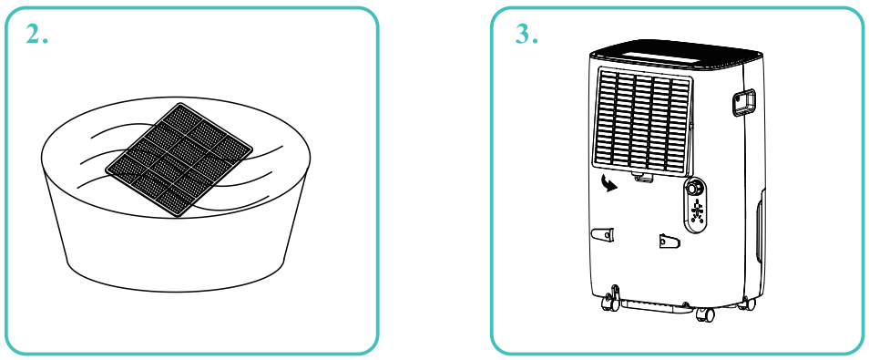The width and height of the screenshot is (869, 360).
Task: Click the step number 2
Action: (x=36, y=35)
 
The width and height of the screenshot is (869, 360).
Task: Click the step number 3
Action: (x=527, y=35)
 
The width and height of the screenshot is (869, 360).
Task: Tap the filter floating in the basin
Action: (x=179, y=160)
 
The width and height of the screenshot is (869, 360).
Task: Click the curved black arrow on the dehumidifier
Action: (x=609, y=183)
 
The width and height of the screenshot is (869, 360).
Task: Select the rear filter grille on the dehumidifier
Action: (x=643, y=122)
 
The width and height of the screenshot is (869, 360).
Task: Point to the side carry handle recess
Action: (x=743, y=103)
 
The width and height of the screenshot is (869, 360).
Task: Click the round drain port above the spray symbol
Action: (x=693, y=189)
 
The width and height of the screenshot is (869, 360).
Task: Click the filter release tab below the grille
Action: (x=642, y=178)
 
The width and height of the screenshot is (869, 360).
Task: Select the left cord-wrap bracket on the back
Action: (x=603, y=235)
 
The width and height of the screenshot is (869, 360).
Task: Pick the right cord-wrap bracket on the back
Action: (x=669, y=242)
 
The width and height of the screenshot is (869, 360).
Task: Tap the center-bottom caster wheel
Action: (x=705, y=314)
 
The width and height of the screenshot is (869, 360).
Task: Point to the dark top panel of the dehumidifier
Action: (x=677, y=55)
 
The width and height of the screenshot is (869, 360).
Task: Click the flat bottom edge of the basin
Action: (x=175, y=282)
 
